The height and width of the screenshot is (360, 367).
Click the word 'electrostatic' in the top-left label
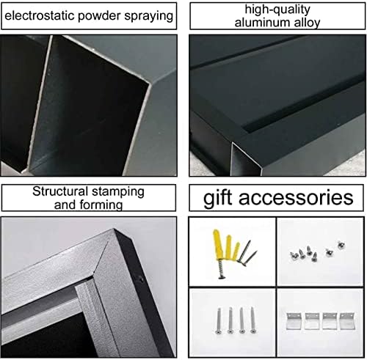pyautogui.click(x=37, y=15)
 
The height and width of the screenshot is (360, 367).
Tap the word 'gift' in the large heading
pyautogui.click(x=220, y=197)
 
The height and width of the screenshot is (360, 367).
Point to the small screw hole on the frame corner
pyautogui.click(x=139, y=278)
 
